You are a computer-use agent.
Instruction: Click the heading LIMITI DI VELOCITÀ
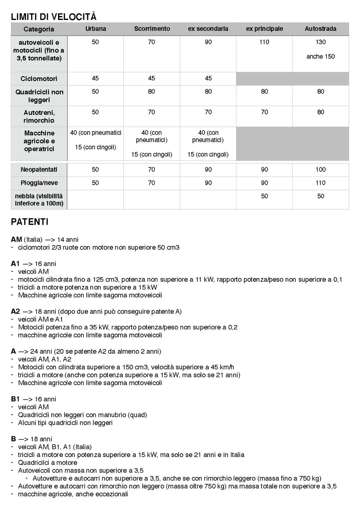(54, 17)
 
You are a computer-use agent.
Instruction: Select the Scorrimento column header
(152, 29)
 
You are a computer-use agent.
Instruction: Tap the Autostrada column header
(320, 29)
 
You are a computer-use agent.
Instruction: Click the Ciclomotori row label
(39, 79)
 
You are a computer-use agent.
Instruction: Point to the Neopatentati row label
(39, 169)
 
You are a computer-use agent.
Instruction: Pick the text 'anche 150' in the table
(320, 56)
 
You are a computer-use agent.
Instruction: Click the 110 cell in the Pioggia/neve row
(320, 183)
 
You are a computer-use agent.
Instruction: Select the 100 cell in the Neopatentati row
(320, 169)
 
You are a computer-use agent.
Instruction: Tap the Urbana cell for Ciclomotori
(95, 78)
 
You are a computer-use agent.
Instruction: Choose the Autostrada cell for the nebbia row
(320, 196)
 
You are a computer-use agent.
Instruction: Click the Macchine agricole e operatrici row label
(39, 141)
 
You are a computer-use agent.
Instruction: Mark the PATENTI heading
(30, 222)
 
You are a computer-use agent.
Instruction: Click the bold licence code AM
(16, 239)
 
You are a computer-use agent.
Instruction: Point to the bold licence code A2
(15, 311)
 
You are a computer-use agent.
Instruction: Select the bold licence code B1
(15, 399)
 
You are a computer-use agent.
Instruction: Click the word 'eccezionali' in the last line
(112, 494)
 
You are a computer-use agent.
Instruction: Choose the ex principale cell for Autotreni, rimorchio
(264, 112)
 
